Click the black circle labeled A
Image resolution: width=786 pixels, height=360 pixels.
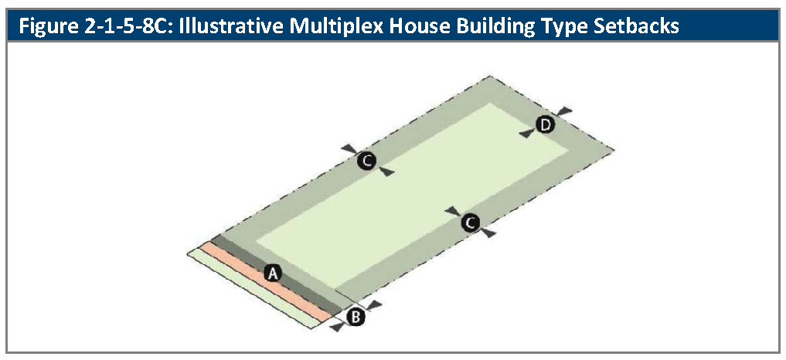[273, 273]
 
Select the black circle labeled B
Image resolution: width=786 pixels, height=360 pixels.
[356, 317]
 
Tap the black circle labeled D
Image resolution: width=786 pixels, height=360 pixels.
[544, 124]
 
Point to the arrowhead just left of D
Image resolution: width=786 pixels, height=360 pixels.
[527, 133]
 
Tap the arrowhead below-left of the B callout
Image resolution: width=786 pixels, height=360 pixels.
[339, 327]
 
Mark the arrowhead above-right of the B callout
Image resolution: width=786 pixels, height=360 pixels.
[373, 304]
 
